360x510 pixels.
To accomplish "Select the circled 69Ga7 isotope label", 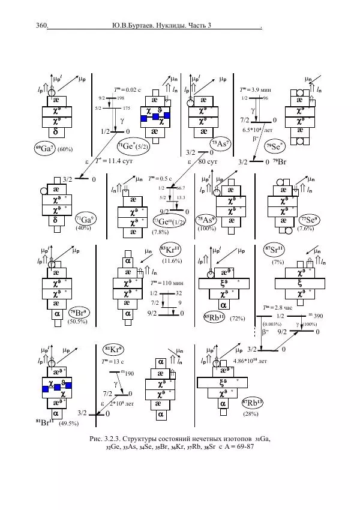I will point(45,148).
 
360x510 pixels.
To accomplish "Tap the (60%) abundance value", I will point(65,149).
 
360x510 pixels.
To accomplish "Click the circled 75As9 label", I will point(206,220).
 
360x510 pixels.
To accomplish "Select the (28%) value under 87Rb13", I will point(250,414).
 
